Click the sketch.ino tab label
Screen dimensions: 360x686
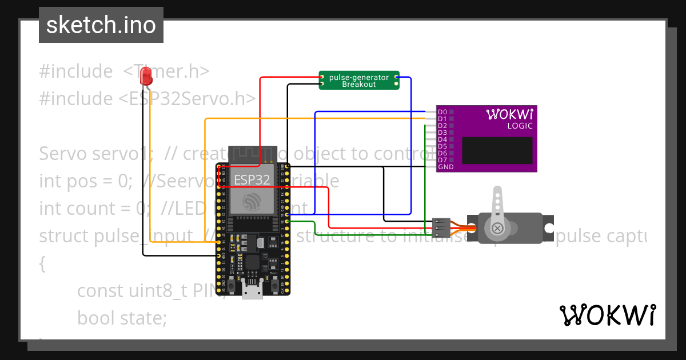coord(101,25)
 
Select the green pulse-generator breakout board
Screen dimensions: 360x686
coord(359,81)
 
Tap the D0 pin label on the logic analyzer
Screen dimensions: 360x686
coord(442,112)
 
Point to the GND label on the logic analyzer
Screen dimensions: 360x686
coord(445,167)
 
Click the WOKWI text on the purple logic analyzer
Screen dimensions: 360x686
coord(509,114)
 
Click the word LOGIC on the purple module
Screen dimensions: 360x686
coord(520,126)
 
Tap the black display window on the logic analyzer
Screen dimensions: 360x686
coord(497,151)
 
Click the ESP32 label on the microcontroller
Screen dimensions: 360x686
coord(252,179)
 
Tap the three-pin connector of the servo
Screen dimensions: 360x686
coord(440,227)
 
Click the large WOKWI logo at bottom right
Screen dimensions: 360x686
coord(607,315)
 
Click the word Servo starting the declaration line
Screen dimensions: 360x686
coord(62,154)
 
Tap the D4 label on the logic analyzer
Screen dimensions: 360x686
coord(442,139)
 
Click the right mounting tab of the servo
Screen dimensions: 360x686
coord(548,227)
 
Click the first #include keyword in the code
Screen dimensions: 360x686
coord(76,71)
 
